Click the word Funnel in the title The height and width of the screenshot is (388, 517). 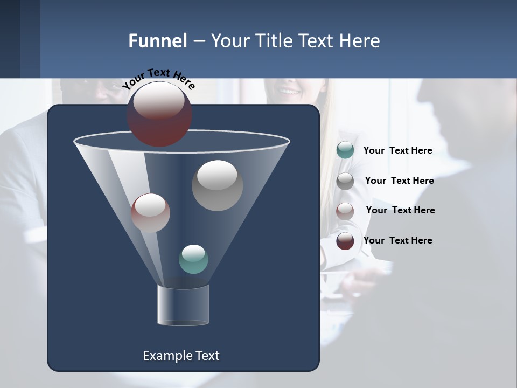(x=157, y=41)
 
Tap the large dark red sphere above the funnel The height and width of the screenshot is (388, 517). (x=159, y=114)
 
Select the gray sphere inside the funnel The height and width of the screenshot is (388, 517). (x=217, y=185)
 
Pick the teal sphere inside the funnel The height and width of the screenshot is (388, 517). (x=193, y=259)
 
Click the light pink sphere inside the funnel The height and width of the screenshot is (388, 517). (x=150, y=213)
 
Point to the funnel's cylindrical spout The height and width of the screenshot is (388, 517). (x=183, y=305)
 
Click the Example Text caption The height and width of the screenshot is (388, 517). (x=181, y=356)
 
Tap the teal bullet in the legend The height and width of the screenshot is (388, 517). (x=345, y=150)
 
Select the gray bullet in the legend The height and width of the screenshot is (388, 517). (x=345, y=181)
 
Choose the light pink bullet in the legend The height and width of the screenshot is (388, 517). (x=345, y=211)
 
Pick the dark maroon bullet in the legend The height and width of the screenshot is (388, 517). (x=345, y=241)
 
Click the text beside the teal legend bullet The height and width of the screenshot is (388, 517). (x=397, y=150)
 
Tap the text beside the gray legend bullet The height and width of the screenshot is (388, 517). (x=399, y=181)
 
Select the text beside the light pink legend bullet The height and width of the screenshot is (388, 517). (x=400, y=210)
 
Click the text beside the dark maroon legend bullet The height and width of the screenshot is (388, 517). (x=397, y=240)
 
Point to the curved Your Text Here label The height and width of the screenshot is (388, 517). (x=158, y=79)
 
